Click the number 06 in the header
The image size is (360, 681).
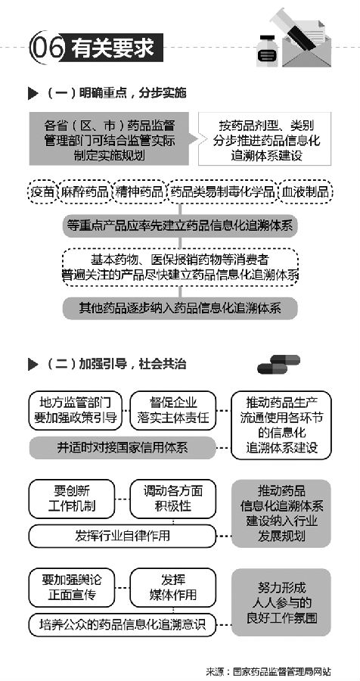pyautogui.click(x=46, y=48)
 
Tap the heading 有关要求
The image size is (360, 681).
pyautogui.click(x=113, y=48)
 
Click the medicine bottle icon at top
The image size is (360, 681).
pyautogui.click(x=267, y=51)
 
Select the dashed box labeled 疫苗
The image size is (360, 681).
pyautogui.click(x=42, y=191)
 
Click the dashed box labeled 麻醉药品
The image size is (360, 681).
pyautogui.click(x=85, y=191)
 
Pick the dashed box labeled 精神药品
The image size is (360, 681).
pyautogui.click(x=139, y=191)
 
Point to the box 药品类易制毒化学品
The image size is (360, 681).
pyautogui.click(x=222, y=191)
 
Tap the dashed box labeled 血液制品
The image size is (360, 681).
pyautogui.click(x=306, y=191)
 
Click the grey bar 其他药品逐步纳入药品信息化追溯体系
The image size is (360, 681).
pyautogui.click(x=180, y=308)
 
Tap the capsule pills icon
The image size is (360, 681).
pyautogui.click(x=278, y=365)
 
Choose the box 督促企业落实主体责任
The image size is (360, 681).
pyautogui.click(x=173, y=410)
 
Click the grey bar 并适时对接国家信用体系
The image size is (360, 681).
pyautogui.click(x=123, y=448)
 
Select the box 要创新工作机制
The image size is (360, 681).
pyautogui.click(x=72, y=499)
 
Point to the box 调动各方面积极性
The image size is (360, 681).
pyautogui.click(x=173, y=499)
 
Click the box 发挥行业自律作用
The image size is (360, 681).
pyautogui.click(x=123, y=536)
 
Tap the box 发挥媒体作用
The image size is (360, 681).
pyautogui.click(x=173, y=587)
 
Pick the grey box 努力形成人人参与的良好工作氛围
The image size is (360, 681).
pyautogui.click(x=281, y=602)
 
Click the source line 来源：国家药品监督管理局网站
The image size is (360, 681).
pyautogui.click(x=272, y=671)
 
